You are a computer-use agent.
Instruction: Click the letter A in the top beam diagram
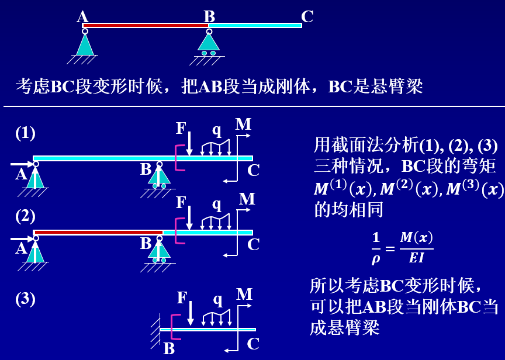(x=82, y=16)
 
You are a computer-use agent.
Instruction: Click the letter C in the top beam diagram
(x=307, y=16)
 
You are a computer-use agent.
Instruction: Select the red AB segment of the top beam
(x=146, y=26)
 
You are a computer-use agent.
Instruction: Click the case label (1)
(x=25, y=133)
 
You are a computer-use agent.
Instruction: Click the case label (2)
(x=25, y=216)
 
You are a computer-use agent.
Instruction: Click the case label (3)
(x=25, y=299)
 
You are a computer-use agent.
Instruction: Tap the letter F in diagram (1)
(x=181, y=129)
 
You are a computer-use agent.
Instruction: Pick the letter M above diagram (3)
(x=244, y=295)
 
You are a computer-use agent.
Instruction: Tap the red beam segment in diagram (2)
(x=99, y=232)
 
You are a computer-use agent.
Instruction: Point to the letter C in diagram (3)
(x=253, y=344)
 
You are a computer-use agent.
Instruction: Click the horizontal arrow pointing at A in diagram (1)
(x=22, y=164)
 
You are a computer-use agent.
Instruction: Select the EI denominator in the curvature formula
(x=416, y=258)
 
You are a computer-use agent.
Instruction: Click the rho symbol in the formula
(x=376, y=258)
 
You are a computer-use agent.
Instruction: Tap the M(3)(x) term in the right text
(x=475, y=188)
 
